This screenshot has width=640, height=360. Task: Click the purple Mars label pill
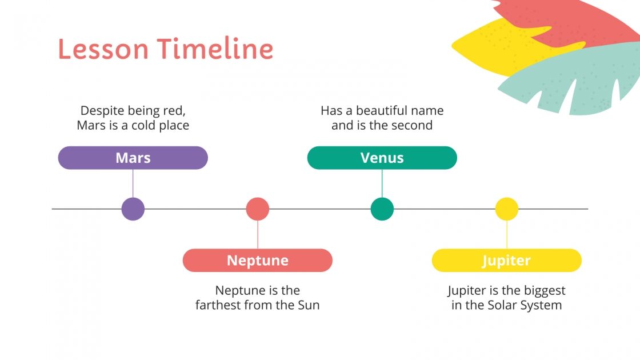tap(133, 158)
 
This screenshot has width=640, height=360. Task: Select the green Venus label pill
tap(382, 158)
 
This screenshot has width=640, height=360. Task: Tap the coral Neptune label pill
tap(257, 261)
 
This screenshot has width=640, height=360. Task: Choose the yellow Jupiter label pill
tap(506, 261)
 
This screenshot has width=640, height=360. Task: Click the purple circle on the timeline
tap(133, 209)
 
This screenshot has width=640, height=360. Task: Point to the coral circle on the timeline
tap(258, 209)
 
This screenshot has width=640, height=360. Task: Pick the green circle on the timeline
tap(382, 209)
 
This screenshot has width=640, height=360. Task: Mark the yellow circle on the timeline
tap(507, 209)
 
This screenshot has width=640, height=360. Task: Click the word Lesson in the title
tap(103, 49)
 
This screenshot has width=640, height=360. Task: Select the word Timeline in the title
tap(216, 49)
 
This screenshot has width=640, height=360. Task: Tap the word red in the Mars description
tap(174, 110)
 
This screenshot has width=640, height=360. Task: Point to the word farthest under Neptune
tap(220, 305)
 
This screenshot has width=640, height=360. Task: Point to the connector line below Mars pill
tap(133, 183)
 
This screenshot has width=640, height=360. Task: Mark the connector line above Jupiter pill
tap(507, 234)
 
